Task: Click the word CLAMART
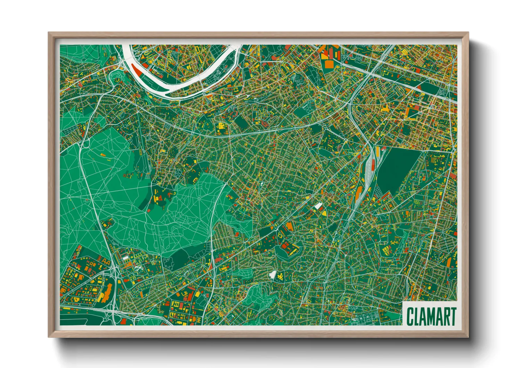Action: pyautogui.click(x=431, y=317)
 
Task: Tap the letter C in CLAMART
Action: pyautogui.click(x=410, y=317)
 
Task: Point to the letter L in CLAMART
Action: pyautogui.click(x=417, y=317)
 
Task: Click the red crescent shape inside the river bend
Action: pyautogui.click(x=136, y=69)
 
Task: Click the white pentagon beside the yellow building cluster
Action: pyautogui.click(x=273, y=275)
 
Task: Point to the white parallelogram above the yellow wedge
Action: pyautogui.click(x=318, y=206)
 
